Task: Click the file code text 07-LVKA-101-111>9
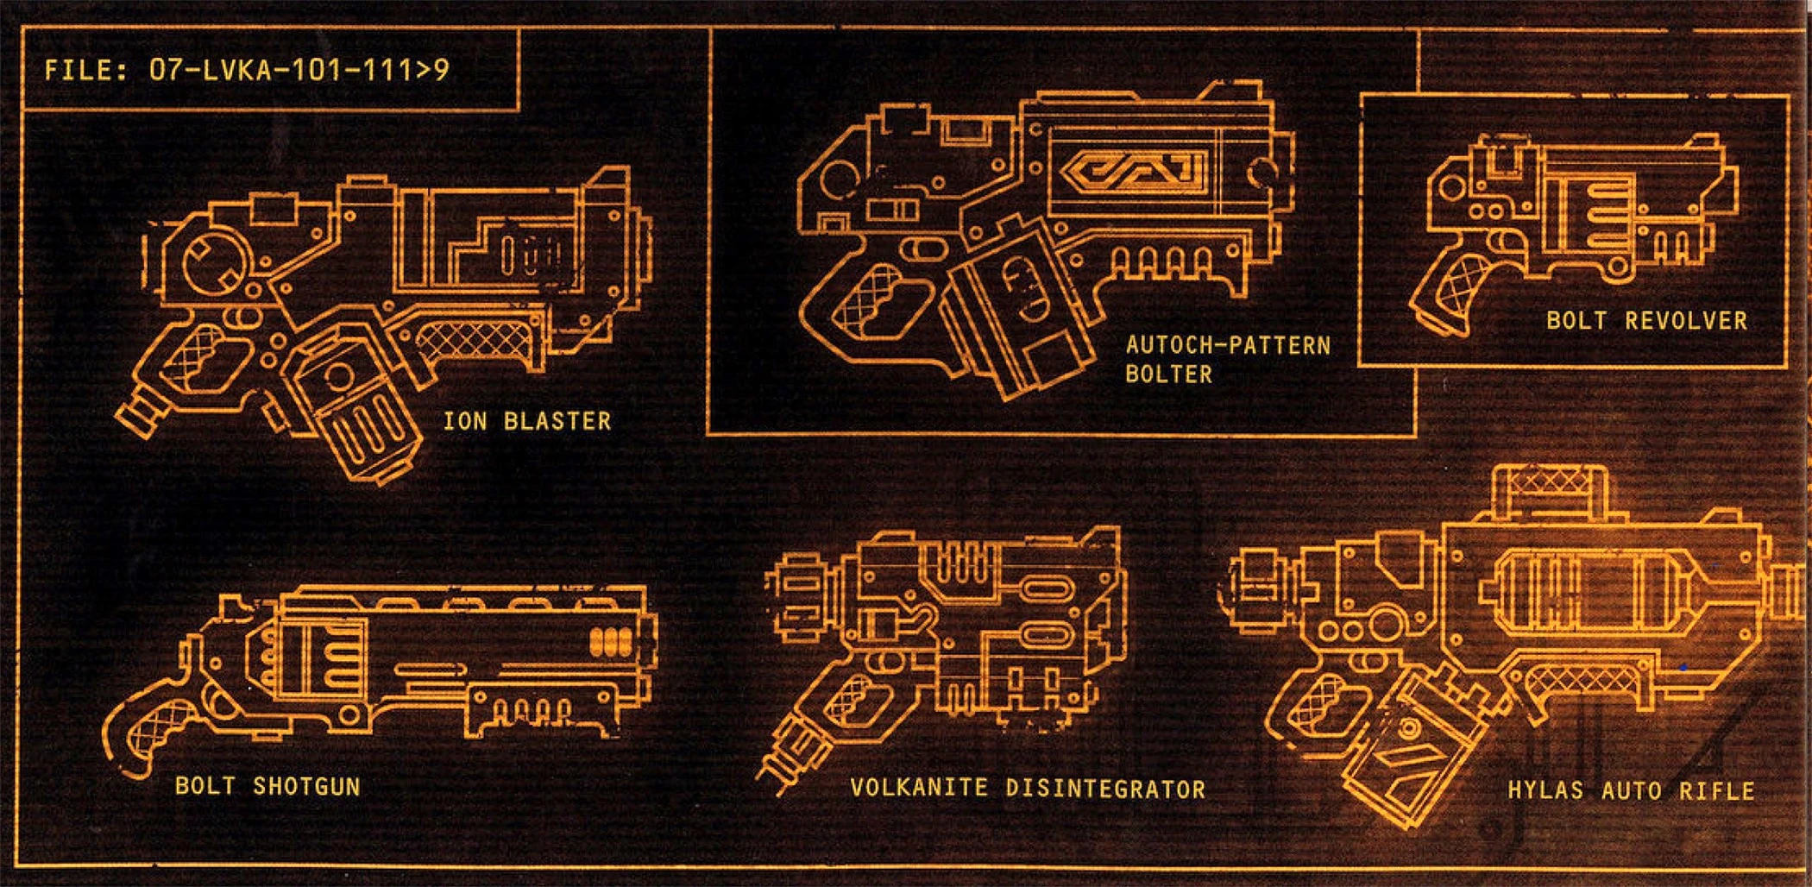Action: point(299,70)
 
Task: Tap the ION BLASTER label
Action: point(527,421)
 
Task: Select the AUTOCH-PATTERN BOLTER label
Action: point(1228,360)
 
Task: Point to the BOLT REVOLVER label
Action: point(1646,321)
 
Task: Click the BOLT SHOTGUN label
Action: point(267,786)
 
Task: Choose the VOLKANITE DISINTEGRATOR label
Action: point(1028,789)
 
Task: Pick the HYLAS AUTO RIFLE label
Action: point(1631,791)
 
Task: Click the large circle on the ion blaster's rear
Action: point(216,262)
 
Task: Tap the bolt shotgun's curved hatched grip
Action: point(155,734)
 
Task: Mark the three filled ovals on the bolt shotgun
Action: point(612,641)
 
